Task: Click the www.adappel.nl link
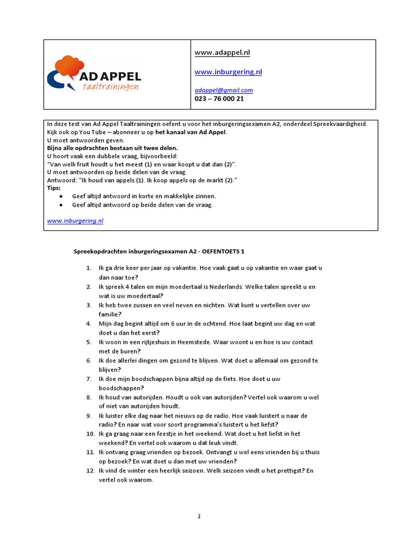point(222,53)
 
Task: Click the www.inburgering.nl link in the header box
point(228,72)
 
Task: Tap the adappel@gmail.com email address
point(224,90)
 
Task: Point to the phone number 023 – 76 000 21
point(219,99)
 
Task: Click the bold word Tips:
point(54,188)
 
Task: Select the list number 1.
point(88,268)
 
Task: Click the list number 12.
point(90,471)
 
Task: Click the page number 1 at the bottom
point(199,517)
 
